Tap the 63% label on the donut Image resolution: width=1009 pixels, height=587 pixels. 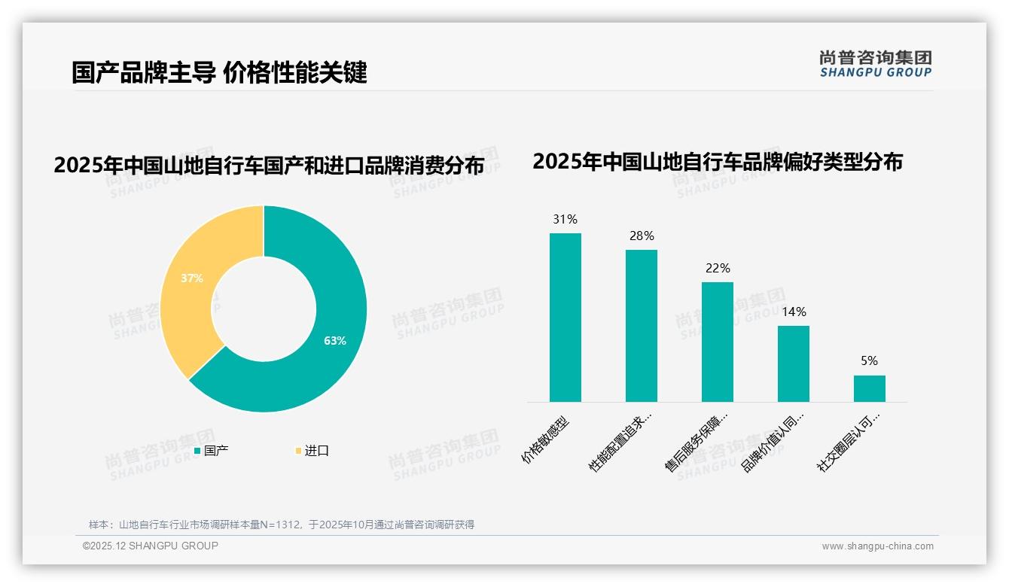tap(335, 341)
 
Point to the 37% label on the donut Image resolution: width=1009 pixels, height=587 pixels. tap(192, 278)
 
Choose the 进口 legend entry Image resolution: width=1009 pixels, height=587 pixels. tap(312, 451)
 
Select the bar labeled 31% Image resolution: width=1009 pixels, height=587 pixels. tap(565, 318)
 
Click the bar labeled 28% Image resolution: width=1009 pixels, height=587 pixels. tap(642, 326)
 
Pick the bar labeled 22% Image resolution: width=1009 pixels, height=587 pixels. tap(718, 342)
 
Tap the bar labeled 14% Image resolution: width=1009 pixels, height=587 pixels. tap(794, 364)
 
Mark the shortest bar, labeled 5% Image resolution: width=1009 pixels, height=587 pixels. tap(870, 388)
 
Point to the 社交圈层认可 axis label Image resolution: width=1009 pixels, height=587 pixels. tap(849, 441)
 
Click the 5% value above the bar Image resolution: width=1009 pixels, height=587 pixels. tap(870, 361)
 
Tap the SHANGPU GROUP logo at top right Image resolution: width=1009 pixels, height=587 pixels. tap(876, 64)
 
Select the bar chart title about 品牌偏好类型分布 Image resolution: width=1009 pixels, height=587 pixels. tap(718, 162)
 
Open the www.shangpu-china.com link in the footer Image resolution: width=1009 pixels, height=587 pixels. tap(877, 546)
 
